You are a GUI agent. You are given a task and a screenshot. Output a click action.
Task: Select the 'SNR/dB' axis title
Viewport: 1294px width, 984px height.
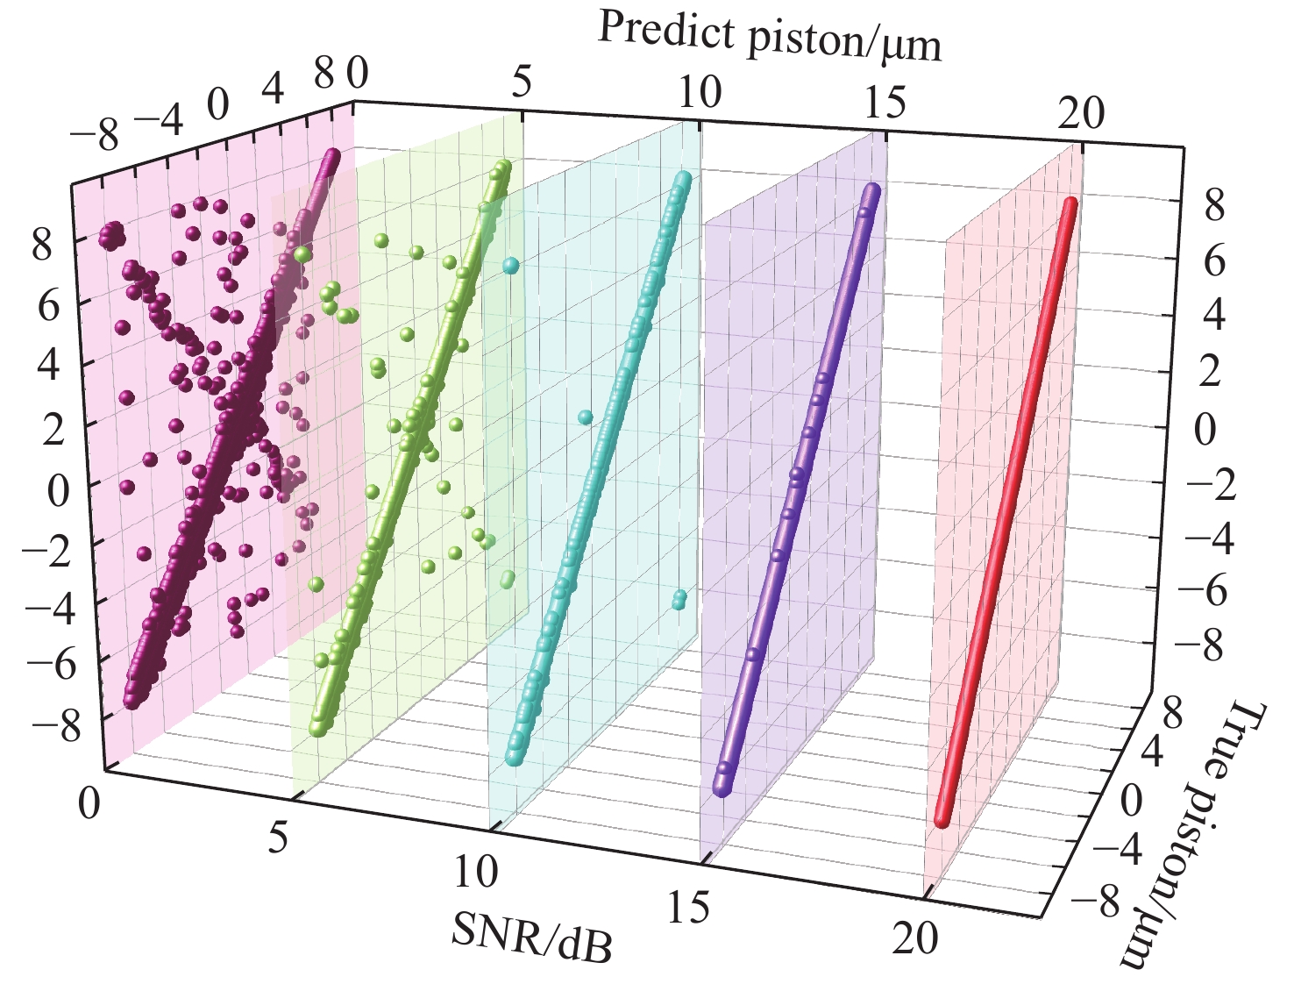532,936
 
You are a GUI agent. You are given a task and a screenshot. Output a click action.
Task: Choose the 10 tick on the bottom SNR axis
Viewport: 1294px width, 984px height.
476,871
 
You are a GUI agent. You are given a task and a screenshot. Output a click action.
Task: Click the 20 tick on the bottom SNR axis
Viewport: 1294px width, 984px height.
915,939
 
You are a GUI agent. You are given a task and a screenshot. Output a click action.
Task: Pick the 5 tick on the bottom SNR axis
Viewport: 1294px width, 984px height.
279,838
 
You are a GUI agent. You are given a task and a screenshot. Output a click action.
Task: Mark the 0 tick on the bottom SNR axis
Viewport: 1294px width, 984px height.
89,803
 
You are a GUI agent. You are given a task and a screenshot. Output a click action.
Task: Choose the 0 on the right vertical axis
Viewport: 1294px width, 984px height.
1205,431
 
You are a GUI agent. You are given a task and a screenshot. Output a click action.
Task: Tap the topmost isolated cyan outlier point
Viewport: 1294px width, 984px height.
510,265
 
